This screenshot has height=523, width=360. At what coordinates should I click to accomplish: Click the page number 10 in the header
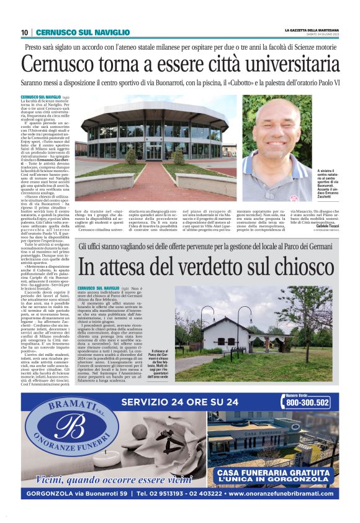24,32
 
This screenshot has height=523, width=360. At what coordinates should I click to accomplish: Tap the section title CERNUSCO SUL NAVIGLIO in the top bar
83,32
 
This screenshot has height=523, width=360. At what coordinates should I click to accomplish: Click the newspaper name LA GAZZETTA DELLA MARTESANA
312,30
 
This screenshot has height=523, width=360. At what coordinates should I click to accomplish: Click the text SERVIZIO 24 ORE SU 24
181,402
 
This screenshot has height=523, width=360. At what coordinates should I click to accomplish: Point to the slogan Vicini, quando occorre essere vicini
105,479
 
